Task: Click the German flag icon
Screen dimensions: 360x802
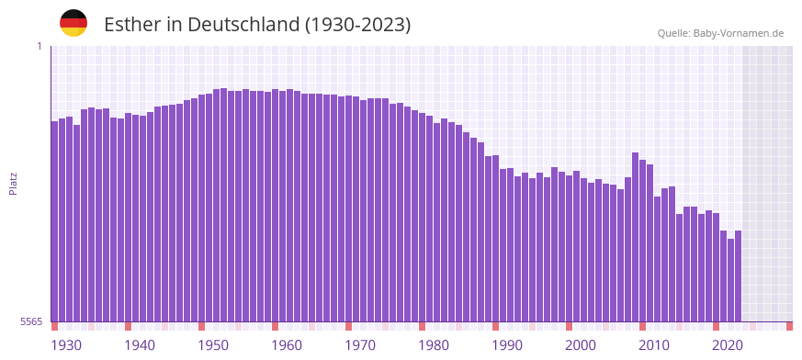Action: pos(73,23)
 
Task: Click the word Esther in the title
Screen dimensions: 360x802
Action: pos(131,24)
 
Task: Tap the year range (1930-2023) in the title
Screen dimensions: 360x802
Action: pos(358,24)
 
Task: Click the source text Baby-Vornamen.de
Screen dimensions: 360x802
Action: pos(739,33)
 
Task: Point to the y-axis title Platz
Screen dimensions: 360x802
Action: pos(13,183)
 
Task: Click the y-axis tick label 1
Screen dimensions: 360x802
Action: pos(39,46)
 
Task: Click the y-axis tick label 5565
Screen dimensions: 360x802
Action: pos(31,321)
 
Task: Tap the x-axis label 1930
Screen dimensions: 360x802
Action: pos(66,345)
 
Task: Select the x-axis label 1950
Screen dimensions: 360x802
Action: pos(213,345)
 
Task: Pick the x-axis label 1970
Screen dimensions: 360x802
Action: pos(360,345)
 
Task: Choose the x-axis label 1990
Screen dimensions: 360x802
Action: pos(507,345)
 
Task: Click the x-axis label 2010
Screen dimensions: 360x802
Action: pos(654,345)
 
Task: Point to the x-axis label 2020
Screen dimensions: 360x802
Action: pos(728,345)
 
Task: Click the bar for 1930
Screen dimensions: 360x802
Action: pos(55,220)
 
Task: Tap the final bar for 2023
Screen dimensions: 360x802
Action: pos(738,276)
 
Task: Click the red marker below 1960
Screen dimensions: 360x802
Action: pos(276,326)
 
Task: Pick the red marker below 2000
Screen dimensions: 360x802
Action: pos(570,326)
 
